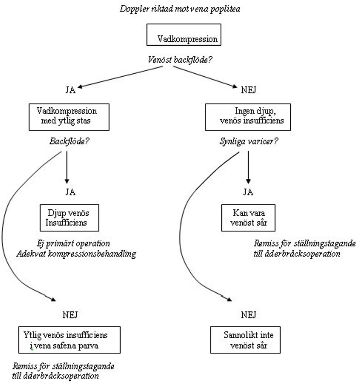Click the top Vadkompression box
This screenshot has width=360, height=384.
click(x=184, y=35)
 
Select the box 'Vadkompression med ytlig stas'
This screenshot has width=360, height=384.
click(x=69, y=117)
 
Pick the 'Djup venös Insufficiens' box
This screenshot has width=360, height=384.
click(x=69, y=218)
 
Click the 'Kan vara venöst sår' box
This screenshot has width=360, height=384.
click(x=248, y=218)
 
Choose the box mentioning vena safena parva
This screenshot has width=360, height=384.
click(x=69, y=339)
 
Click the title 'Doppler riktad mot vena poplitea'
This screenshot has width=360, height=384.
click(x=180, y=8)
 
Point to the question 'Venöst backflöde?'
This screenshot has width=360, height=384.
click(x=180, y=59)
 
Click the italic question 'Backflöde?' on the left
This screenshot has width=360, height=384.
click(x=67, y=141)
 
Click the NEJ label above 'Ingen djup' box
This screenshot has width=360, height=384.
click(x=248, y=91)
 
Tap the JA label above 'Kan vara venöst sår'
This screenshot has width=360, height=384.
click(x=248, y=192)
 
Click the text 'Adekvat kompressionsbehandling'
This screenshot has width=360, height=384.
click(x=76, y=254)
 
